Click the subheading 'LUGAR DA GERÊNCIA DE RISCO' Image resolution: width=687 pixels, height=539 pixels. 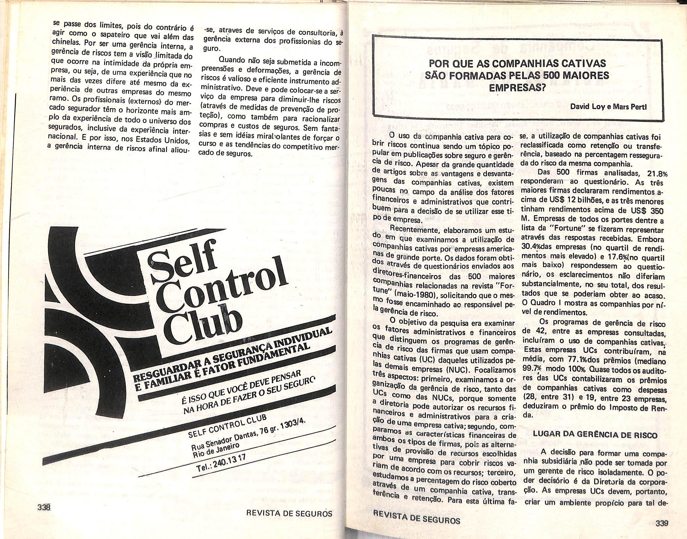595,435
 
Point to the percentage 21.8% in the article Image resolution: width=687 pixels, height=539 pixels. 657,173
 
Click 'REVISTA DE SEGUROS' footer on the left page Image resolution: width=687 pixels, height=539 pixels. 290,514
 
